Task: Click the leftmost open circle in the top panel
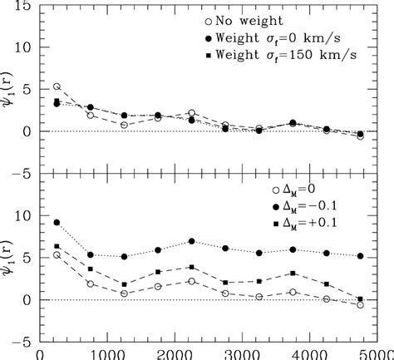coord(57,86)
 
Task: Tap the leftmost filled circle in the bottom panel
coord(57,223)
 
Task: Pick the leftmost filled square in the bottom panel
coord(57,246)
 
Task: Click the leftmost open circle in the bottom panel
coord(57,254)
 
